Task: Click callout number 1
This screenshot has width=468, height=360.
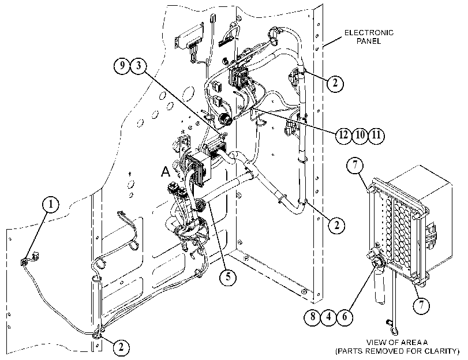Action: click(50, 204)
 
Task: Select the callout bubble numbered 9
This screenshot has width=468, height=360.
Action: click(122, 65)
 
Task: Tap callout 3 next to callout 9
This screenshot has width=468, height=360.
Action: click(138, 65)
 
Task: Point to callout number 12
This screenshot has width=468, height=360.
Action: click(343, 135)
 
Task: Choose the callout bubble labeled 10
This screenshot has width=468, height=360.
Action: click(360, 135)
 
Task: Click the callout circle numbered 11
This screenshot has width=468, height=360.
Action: click(376, 135)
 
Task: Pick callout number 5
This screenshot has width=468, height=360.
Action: click(229, 277)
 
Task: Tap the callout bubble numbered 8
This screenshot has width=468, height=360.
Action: click(313, 316)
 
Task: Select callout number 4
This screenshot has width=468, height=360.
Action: click(328, 316)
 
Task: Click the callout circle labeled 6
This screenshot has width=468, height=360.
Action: click(345, 316)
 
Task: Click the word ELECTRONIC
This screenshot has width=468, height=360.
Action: click(369, 32)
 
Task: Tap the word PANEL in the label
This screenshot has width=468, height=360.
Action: click(369, 41)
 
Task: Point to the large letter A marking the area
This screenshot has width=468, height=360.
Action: click(166, 171)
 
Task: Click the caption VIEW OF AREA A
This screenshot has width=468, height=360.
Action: click(397, 342)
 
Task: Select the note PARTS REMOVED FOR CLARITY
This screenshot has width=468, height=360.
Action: click(397, 351)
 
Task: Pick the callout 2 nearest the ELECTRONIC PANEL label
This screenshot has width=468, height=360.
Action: click(335, 82)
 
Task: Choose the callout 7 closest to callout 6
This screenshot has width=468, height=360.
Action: click(421, 305)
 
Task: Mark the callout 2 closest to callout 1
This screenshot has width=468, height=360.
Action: click(121, 347)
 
